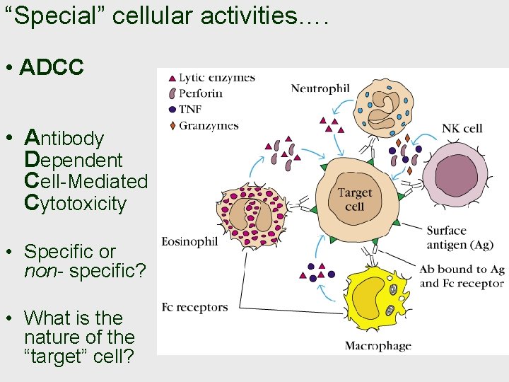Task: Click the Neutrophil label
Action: pos(320,88)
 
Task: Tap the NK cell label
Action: pos(462,128)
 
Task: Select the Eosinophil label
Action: pos(189,241)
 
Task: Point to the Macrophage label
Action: pos(378,346)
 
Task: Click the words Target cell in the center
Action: pos(355,200)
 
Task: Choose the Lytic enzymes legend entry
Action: pos(216,77)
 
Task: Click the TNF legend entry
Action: pos(190,109)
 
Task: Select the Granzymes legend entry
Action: pos(209,125)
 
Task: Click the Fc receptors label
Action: pos(194,307)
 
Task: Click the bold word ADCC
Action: pos(52,67)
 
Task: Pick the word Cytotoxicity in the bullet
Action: pos(75,204)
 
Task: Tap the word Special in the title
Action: pos(50,16)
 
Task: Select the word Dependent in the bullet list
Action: pos(73,160)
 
